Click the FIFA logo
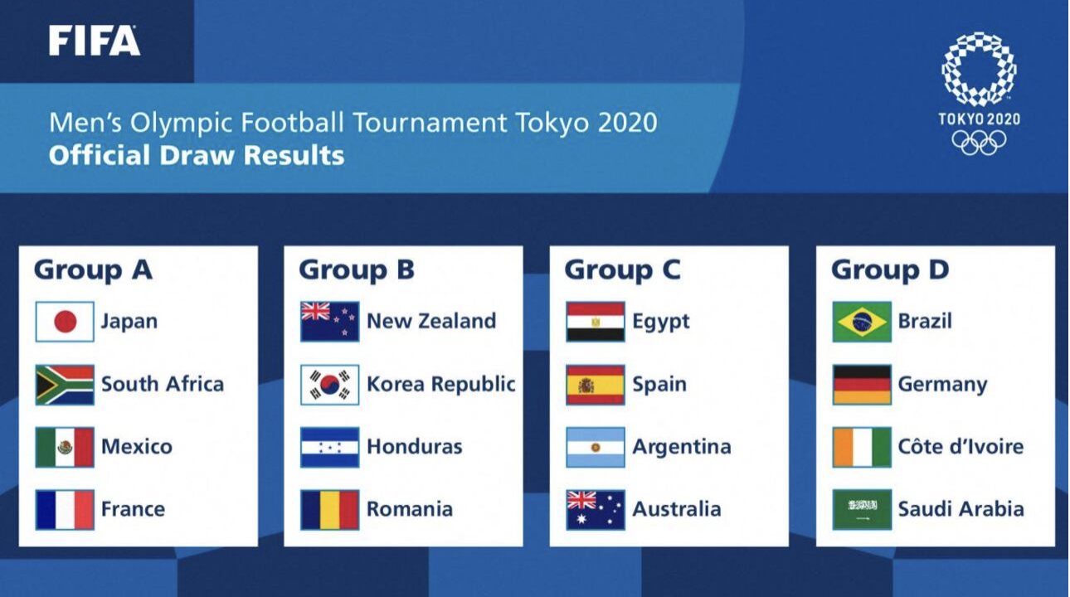(x=95, y=41)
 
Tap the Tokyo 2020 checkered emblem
(x=979, y=70)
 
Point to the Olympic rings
(x=979, y=143)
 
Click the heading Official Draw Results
(x=197, y=155)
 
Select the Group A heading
(x=93, y=270)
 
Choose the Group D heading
(x=890, y=270)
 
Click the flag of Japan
(x=65, y=322)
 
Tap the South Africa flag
(x=65, y=385)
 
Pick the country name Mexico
(x=137, y=447)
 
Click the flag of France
(x=65, y=510)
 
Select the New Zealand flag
(x=329, y=322)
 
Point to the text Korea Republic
(x=441, y=385)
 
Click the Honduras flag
(x=329, y=447)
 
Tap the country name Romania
(x=410, y=509)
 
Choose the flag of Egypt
(x=596, y=322)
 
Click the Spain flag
(x=596, y=385)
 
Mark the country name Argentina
(x=682, y=448)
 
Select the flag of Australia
(x=596, y=510)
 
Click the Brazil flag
(x=862, y=322)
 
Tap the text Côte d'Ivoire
(x=961, y=447)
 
